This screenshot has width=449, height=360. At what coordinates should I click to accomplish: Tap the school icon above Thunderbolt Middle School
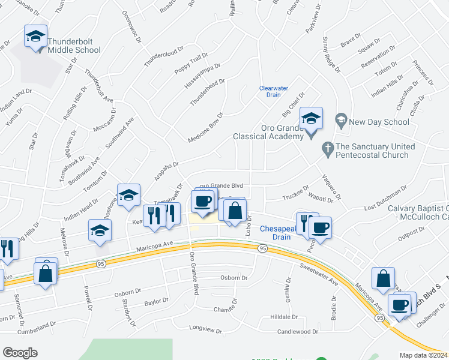[35, 37]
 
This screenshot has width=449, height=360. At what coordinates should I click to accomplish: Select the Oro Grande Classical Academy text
[282, 132]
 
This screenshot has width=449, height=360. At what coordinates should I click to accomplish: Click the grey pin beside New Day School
[341, 121]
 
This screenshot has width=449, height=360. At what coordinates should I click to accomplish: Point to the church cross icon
[327, 147]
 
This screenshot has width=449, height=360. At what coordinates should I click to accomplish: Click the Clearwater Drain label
[270, 91]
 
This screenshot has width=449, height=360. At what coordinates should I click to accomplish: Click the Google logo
[20, 352]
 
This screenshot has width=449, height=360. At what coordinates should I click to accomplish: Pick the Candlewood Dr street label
[297, 331]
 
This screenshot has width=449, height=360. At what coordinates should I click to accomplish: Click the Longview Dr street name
[206, 330]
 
